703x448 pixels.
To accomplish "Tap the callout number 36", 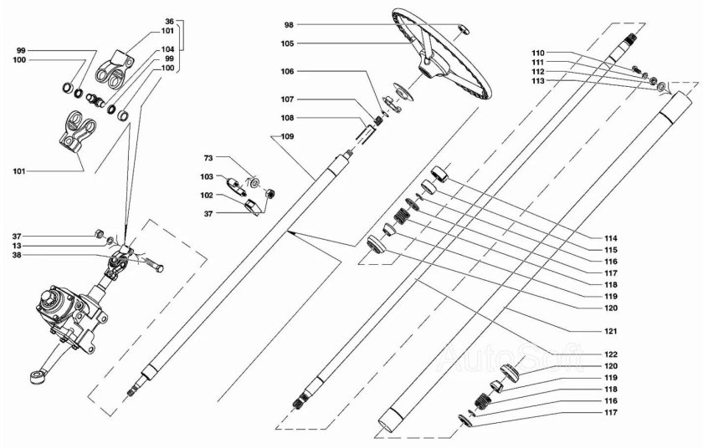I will tap(170, 20).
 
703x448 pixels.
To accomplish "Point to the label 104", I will tap(168, 49).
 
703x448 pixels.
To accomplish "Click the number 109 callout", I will tap(287, 135).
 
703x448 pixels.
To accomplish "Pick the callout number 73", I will tap(209, 157).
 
